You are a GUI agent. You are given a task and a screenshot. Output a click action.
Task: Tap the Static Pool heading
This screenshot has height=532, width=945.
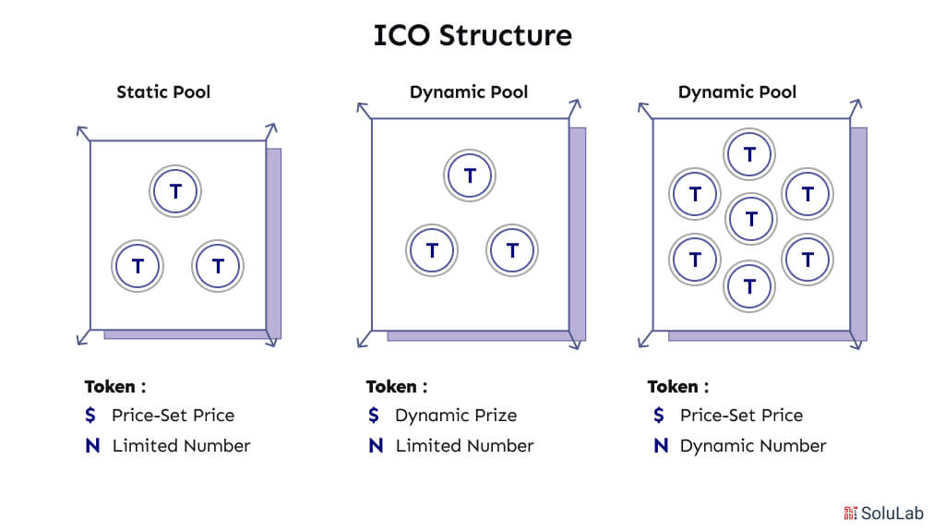click(163, 91)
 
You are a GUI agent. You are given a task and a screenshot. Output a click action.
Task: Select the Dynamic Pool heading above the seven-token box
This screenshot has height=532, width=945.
click(737, 91)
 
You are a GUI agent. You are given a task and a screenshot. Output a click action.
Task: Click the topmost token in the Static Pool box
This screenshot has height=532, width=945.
click(175, 191)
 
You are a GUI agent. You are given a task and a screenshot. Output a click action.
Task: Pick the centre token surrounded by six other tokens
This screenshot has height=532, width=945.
click(751, 219)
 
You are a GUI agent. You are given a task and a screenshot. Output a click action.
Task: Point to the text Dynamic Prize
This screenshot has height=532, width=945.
click(456, 415)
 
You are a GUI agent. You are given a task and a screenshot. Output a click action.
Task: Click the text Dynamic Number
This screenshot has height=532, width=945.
click(753, 446)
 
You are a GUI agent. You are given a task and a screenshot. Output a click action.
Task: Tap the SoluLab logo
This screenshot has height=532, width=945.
click(883, 514)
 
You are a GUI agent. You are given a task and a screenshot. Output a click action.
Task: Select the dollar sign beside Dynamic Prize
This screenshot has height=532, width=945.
click(374, 415)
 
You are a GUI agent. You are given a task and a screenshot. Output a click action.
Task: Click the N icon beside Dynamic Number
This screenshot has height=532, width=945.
click(661, 446)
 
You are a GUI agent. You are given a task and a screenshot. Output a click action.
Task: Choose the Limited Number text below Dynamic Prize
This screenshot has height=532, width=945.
click(465, 446)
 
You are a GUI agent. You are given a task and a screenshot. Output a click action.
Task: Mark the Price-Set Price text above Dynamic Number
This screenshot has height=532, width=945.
click(741, 415)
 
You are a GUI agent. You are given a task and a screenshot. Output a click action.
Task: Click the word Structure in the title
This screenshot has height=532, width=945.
click(505, 36)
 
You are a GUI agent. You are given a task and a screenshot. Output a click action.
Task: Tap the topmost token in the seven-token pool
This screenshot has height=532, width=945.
click(749, 154)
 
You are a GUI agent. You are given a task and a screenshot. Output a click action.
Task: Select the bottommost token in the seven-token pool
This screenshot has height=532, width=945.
click(749, 286)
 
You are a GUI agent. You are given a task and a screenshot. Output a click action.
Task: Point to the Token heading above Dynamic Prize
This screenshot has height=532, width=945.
click(397, 386)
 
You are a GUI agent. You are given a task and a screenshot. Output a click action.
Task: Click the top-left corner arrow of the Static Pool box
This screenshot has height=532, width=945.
click(83, 133)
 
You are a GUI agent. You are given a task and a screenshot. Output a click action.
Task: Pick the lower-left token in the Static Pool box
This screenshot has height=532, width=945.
click(138, 265)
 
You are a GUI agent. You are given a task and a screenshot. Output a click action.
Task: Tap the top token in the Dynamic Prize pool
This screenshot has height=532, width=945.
click(470, 175)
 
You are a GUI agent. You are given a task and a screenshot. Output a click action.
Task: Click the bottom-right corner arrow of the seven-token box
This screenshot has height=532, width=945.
click(856, 340)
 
